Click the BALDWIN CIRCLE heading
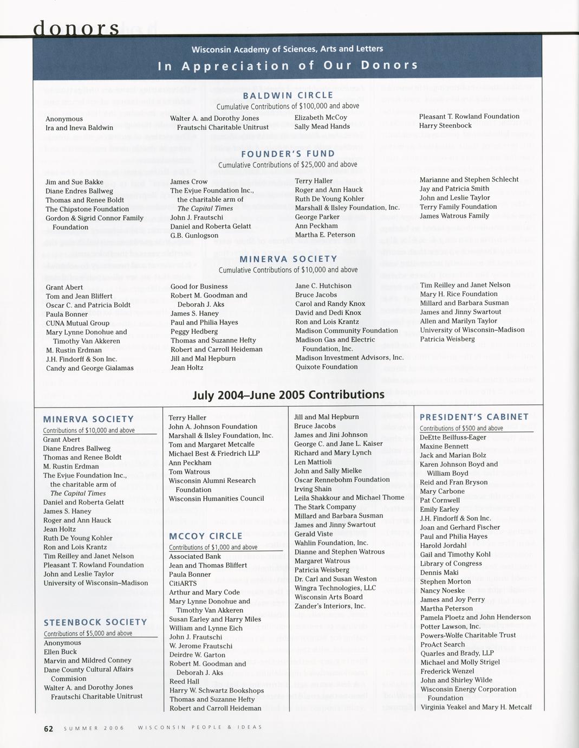pyautogui.click(x=288, y=95)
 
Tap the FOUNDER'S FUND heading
pyautogui.click(x=288, y=154)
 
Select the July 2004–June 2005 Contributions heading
pyautogui.click(x=288, y=395)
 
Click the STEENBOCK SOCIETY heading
pyautogui.click(x=95, y=622)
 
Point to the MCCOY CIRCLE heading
pyautogui.click(x=205, y=537)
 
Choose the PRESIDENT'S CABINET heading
pyautogui.click(x=474, y=417)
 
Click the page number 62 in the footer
pyautogui.click(x=48, y=729)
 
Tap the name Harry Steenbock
pyautogui.click(x=445, y=126)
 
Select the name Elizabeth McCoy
pyautogui.click(x=321, y=117)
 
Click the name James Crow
pyautogui.click(x=189, y=182)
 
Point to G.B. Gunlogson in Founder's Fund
pyautogui.click(x=194, y=236)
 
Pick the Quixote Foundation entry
pyautogui.click(x=327, y=367)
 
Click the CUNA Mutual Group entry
pyautogui.click(x=77, y=323)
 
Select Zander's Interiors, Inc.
pyautogui.click(x=330, y=606)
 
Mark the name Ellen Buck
pyautogui.click(x=60, y=652)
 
